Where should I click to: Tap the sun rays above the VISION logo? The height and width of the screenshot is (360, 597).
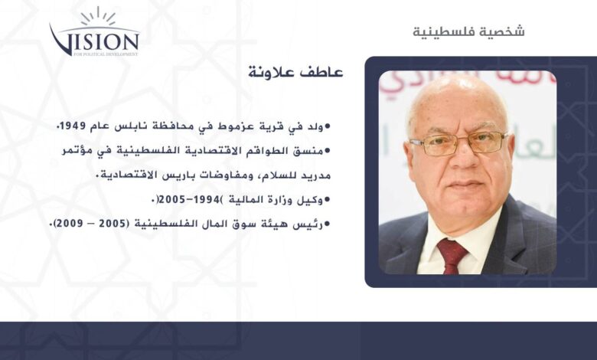pos(97,17)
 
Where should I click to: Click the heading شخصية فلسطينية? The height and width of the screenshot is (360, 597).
pos(468,31)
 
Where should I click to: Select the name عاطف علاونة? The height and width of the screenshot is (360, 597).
pos(296,72)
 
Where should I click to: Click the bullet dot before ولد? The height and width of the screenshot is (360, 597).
pos(327,126)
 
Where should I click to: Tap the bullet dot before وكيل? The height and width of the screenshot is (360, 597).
pos(327,200)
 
